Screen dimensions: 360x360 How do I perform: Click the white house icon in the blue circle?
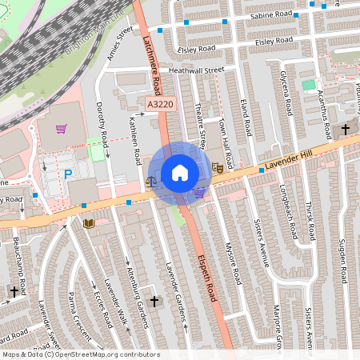[x=180, y=173]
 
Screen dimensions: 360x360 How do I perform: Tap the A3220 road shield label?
[x=160, y=104]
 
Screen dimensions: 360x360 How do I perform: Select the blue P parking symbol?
[x=68, y=174]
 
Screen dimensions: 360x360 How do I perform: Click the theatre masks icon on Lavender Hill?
[x=217, y=168]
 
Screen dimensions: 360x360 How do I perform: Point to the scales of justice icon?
[x=152, y=182]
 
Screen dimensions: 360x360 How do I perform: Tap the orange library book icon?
[x=88, y=222]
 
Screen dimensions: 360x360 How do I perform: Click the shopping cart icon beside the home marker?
[x=199, y=192]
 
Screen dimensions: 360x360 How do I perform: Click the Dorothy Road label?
[x=101, y=121]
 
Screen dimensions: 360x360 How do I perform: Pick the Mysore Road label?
[x=232, y=261]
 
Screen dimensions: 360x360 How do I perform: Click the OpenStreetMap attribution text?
[x=80, y=354]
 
